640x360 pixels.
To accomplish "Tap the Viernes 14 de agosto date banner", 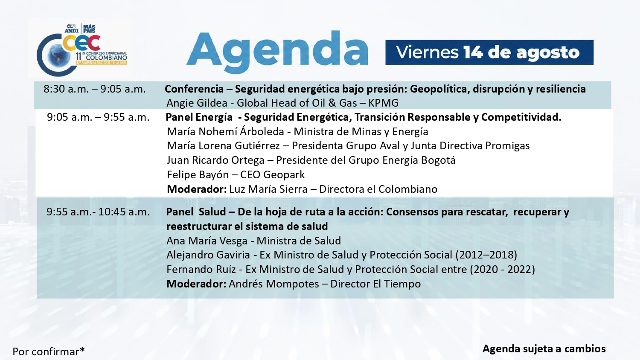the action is pos(489,52).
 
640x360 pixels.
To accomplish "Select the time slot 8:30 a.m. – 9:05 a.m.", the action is pos(95,89).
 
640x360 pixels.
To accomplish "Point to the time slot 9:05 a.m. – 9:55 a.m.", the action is pos(98,117).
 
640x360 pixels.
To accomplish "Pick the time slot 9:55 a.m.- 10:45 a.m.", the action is pos(98,212).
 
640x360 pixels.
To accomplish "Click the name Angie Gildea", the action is pos(197,103).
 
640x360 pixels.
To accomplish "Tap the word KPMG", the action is pos(383,103).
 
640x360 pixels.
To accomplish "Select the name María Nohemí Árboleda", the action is pos(225,131).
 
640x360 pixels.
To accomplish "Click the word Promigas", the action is pos(507,146).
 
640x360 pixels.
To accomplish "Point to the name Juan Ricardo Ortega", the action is pos(216,160).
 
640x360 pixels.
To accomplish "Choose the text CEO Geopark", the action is pos(273,174).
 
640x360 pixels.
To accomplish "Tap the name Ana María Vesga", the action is pos(207,241).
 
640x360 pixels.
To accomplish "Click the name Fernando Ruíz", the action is pos(201,270).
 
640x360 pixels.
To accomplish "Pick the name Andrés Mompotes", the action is pos(274,284).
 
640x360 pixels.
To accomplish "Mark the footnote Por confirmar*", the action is pos(49,351).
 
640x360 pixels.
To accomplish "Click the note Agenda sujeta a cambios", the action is pos(544,349).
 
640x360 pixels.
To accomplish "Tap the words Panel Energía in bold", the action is pos(199,117).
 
